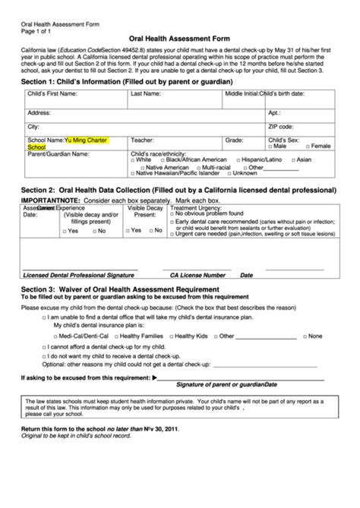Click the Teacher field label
142,140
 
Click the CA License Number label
197,275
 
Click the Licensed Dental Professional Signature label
73,275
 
